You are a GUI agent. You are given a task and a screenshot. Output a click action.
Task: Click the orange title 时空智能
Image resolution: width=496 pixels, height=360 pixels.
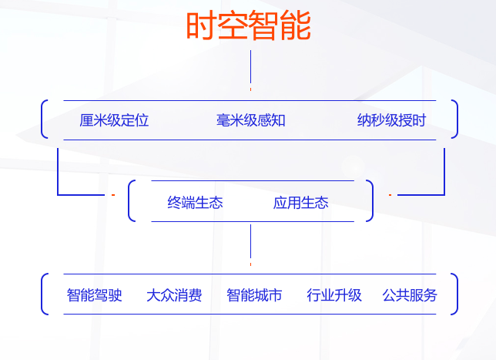point(249,25)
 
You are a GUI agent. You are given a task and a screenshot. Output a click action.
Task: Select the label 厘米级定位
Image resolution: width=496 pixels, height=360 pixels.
point(114,120)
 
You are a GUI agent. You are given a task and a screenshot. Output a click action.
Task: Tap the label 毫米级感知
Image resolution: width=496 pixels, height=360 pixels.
point(250,120)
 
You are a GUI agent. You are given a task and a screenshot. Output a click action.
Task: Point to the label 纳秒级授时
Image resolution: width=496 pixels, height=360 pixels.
point(391,120)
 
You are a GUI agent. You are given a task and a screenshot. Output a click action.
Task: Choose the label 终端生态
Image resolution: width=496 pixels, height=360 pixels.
point(195,203)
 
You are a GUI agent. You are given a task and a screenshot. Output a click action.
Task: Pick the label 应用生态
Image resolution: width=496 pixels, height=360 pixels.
point(301,203)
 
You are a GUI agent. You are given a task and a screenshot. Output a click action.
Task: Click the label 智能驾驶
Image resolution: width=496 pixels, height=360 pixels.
point(94,295)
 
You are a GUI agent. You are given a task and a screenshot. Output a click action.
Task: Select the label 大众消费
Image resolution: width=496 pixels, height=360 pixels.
point(174,295)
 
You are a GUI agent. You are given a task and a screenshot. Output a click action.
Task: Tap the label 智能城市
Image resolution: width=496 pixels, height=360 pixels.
point(254,295)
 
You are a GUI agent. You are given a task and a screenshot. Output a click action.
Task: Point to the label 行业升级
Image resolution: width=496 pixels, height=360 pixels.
point(334,295)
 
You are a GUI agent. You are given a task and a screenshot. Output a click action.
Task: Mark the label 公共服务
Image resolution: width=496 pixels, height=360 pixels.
point(410,295)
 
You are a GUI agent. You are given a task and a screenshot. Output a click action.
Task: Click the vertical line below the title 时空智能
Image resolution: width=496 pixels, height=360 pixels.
point(250,67)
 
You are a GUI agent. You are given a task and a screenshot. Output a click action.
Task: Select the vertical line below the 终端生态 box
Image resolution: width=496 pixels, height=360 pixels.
point(250,241)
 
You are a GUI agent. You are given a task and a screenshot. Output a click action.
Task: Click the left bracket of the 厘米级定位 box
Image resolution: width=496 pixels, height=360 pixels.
point(42,119)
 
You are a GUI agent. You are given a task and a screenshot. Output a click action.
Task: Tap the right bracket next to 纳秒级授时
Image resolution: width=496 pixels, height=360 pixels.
point(457,119)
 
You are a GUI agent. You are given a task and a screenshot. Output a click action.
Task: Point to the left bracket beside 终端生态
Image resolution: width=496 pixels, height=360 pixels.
point(129,200)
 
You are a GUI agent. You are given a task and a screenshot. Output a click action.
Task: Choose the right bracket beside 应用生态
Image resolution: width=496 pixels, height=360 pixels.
point(373,200)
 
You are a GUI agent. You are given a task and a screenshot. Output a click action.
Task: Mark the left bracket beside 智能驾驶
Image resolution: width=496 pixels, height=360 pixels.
point(42,294)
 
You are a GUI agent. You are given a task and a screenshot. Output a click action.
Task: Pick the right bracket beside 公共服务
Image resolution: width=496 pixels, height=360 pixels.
point(457,294)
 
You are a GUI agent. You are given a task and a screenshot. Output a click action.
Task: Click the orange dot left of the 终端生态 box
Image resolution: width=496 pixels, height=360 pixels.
point(113,195)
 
